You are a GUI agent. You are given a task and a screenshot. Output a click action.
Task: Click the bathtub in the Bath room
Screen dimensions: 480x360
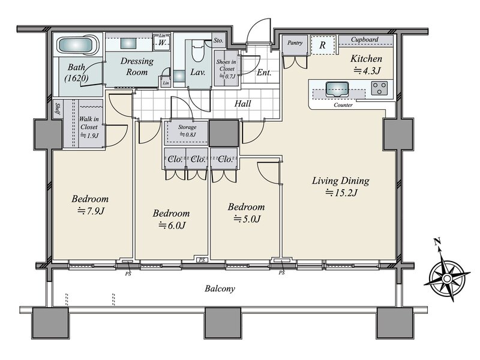click(78, 46)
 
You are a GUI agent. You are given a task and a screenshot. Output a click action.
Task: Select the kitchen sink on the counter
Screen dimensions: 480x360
click(337, 89)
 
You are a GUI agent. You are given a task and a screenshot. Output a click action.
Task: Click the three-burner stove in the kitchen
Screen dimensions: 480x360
click(379, 88)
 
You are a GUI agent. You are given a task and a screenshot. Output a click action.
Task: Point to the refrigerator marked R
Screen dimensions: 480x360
click(322, 46)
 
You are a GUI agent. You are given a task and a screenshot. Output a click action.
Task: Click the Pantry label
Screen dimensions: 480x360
click(295, 43)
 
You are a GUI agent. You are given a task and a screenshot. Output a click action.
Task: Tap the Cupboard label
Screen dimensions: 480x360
click(364, 40)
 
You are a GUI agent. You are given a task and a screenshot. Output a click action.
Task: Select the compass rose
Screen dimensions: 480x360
click(447, 278)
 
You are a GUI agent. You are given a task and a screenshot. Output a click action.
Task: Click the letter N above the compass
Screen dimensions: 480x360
click(437, 242)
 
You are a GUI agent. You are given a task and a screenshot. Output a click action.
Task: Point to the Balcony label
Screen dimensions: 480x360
click(220, 289)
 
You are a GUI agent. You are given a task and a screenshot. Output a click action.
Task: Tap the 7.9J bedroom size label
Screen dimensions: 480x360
click(91, 211)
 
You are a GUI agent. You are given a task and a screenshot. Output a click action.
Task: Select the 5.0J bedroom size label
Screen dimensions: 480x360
click(247, 218)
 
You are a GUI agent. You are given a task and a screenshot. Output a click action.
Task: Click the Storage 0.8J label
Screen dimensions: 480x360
click(187, 131)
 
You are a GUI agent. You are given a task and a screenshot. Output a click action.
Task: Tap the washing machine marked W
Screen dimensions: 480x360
click(162, 43)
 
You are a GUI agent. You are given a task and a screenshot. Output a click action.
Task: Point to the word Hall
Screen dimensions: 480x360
click(243, 104)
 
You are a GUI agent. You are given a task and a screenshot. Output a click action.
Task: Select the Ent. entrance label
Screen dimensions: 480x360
click(264, 73)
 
